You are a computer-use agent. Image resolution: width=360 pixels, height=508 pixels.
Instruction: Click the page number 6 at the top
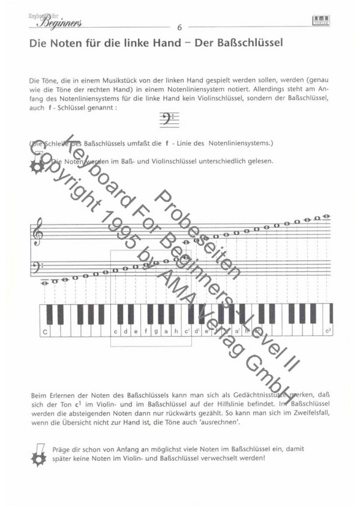pyautogui.click(x=179, y=27)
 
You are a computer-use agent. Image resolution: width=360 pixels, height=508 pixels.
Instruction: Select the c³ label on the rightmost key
pyautogui.click(x=328, y=330)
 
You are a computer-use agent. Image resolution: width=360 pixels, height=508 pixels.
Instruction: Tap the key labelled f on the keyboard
pyautogui.click(x=145, y=330)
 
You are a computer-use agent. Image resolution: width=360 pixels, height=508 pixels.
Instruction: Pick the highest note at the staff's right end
pyautogui.click(x=326, y=217)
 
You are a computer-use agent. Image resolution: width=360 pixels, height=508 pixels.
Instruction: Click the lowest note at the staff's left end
pyautogui.click(x=44, y=282)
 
